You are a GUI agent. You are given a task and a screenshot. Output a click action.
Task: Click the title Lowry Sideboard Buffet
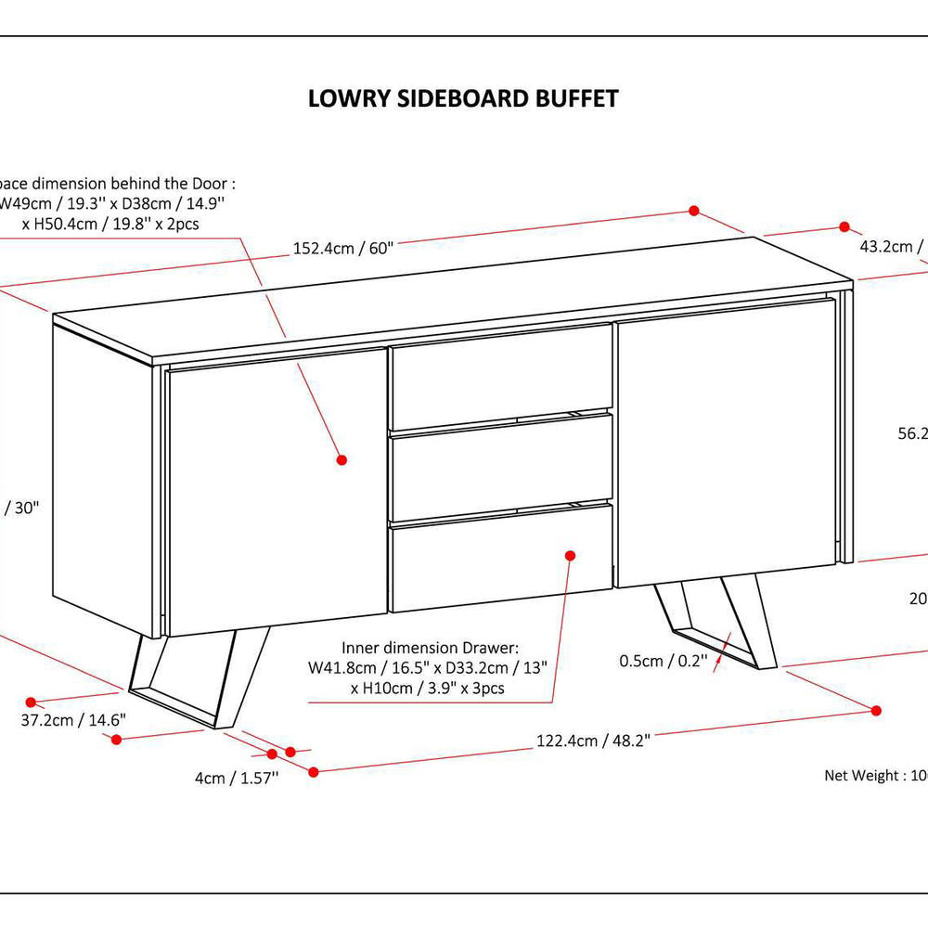pyautogui.click(x=463, y=99)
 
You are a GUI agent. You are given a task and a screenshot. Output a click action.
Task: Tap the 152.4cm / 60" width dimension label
pyautogui.click(x=343, y=248)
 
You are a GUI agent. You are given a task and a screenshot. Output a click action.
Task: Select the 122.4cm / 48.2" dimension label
pyautogui.click(x=593, y=740)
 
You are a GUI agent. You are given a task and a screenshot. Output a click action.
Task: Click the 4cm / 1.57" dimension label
pyautogui.click(x=237, y=779)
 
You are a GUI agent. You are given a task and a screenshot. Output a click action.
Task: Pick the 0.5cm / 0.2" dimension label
pyautogui.click(x=664, y=661)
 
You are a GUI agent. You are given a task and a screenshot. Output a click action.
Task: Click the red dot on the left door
pyautogui.click(x=341, y=459)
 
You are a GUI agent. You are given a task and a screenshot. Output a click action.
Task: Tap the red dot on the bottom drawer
pyautogui.click(x=571, y=554)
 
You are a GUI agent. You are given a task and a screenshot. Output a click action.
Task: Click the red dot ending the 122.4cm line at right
pyautogui.click(x=876, y=710)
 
